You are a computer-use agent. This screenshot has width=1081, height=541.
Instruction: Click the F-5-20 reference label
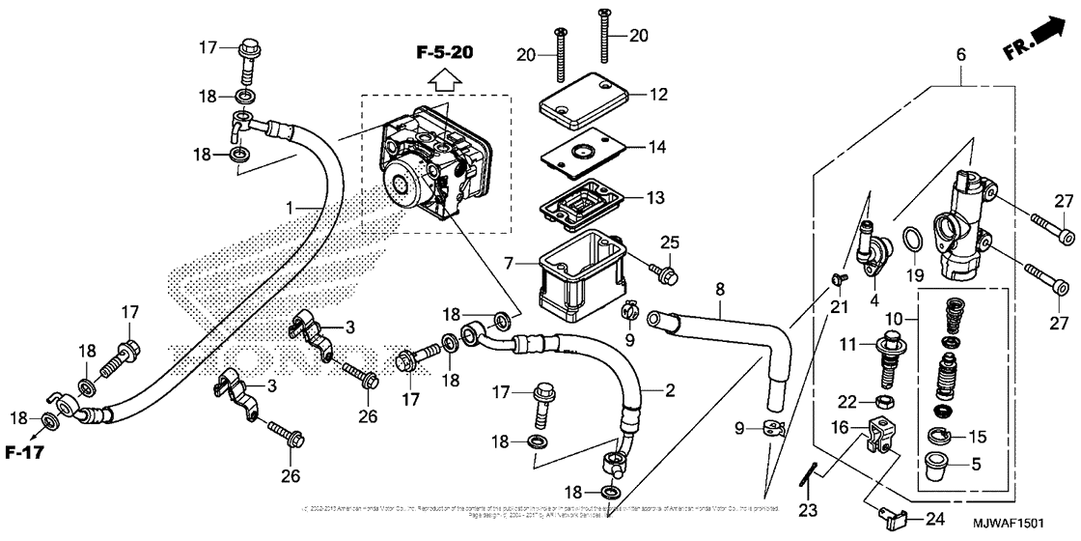(x=445, y=53)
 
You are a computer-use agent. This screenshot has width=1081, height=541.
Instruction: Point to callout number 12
(x=657, y=96)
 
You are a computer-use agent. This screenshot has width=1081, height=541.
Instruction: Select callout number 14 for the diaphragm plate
(x=657, y=148)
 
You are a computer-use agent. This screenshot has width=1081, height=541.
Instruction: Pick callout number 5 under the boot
(x=976, y=465)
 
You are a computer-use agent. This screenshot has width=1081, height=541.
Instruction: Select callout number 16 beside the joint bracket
(x=840, y=426)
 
